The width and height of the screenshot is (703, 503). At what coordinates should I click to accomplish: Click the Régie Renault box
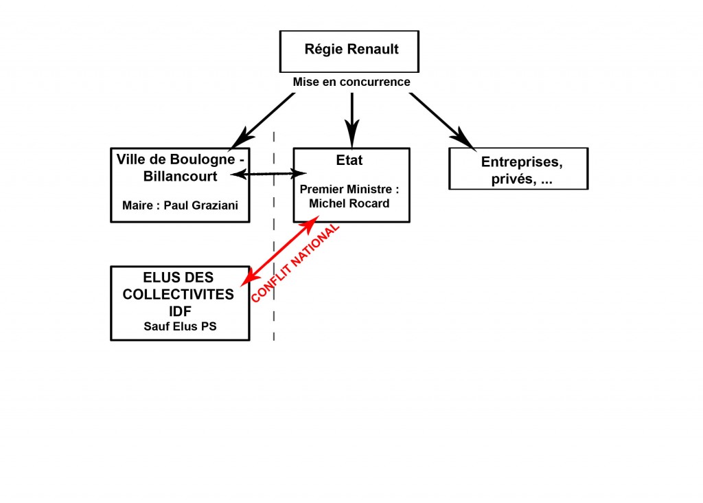pyautogui.click(x=349, y=51)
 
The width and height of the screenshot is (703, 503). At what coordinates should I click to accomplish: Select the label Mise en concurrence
pyautogui.click(x=351, y=82)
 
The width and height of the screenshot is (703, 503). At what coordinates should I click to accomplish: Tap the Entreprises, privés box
pyautogui.click(x=518, y=168)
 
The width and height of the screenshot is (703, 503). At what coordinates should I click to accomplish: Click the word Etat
pyautogui.click(x=350, y=161)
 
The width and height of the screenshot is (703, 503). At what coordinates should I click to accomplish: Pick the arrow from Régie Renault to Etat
pyautogui.click(x=352, y=117)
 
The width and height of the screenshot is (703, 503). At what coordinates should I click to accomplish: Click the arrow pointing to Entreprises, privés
pyautogui.click(x=443, y=120)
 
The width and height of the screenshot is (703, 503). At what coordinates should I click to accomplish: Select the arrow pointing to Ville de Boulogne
pyautogui.click(x=264, y=120)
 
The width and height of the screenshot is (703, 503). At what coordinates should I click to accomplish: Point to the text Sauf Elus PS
pyautogui.click(x=180, y=326)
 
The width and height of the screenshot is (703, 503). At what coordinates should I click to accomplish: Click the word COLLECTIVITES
pyautogui.click(x=178, y=294)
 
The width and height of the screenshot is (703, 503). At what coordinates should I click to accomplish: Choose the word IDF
pyautogui.click(x=179, y=310)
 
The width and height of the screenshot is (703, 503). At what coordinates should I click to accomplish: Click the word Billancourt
pyautogui.click(x=180, y=176)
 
